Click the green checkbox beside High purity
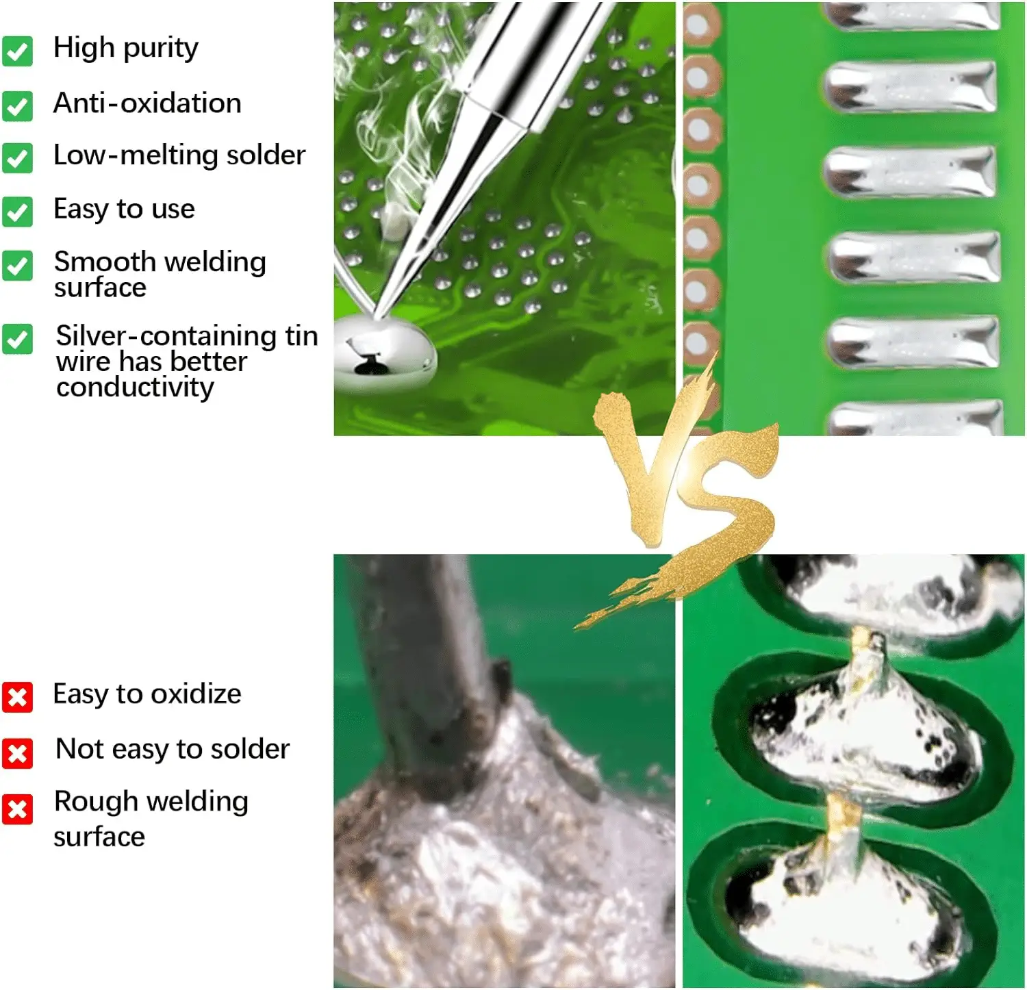(17, 51)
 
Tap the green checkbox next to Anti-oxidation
(17, 106)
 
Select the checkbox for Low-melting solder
(17, 157)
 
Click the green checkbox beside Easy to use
(17, 212)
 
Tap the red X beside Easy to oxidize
(17, 697)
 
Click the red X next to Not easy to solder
(17, 753)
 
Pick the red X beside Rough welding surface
(17, 809)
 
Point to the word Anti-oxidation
(147, 103)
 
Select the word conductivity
(136, 388)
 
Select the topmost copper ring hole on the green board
(699, 24)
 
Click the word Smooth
(105, 262)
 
